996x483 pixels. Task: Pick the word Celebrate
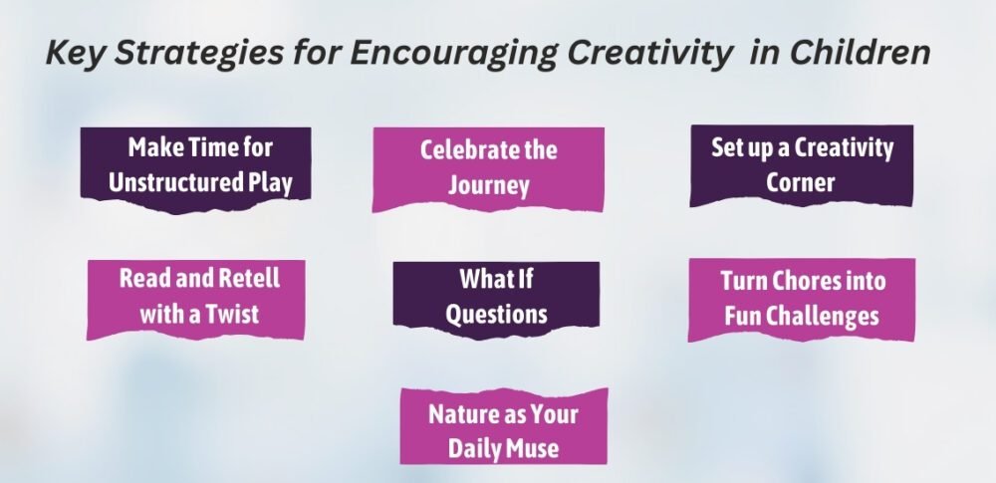pos(462,150)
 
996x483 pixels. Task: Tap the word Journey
pos(488,185)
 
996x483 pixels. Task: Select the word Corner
pos(801,182)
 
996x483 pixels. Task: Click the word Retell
pos(248,278)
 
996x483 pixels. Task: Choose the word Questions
pos(496,314)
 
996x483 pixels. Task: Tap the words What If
pos(496,279)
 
